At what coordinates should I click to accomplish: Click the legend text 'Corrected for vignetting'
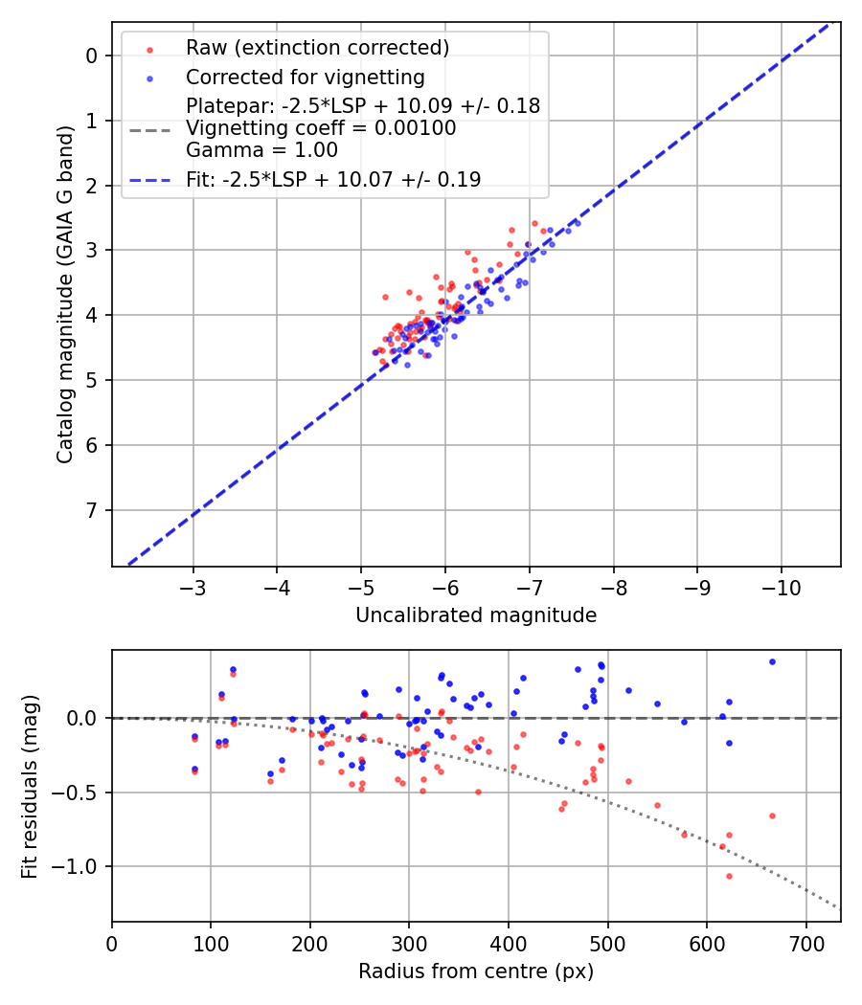[x=306, y=77]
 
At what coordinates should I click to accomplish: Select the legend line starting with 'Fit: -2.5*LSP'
[x=333, y=179]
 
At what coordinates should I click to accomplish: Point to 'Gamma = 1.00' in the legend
[x=261, y=150]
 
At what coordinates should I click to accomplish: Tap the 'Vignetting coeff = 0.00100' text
[x=321, y=128]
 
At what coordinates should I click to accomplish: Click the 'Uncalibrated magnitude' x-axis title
[x=476, y=615]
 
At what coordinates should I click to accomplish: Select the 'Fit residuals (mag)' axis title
[x=29, y=786]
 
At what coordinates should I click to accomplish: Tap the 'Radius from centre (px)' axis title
[x=476, y=971]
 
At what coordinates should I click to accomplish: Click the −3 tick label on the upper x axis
[x=193, y=586]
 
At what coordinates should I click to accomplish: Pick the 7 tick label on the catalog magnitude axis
[x=92, y=510]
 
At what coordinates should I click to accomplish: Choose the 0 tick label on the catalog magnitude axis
[x=92, y=56]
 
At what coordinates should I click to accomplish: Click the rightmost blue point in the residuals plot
[x=772, y=661]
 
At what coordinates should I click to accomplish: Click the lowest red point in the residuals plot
[x=729, y=876]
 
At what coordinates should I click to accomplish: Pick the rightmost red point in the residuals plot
[x=772, y=815]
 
